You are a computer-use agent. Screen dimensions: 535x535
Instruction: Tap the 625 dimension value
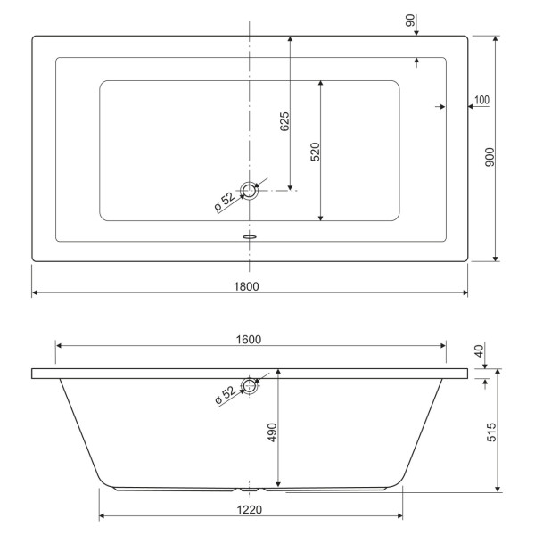coord(284,121)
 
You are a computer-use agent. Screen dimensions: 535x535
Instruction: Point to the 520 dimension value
coord(315,152)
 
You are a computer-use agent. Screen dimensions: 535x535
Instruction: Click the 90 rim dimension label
coord(411,21)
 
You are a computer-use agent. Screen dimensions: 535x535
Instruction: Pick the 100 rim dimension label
coord(481,99)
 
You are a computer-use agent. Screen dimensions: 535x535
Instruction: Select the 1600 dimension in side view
coord(249,339)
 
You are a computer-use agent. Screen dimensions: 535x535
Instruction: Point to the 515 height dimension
coord(490,432)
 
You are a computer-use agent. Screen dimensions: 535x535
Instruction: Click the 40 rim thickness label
coord(481,352)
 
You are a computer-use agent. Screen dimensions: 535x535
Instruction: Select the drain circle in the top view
coord(250,190)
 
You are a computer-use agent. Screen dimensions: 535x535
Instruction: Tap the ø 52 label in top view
coord(224,202)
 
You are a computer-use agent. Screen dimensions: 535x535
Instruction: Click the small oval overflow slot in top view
coord(250,237)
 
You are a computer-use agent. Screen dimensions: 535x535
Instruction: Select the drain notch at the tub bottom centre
coord(250,490)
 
